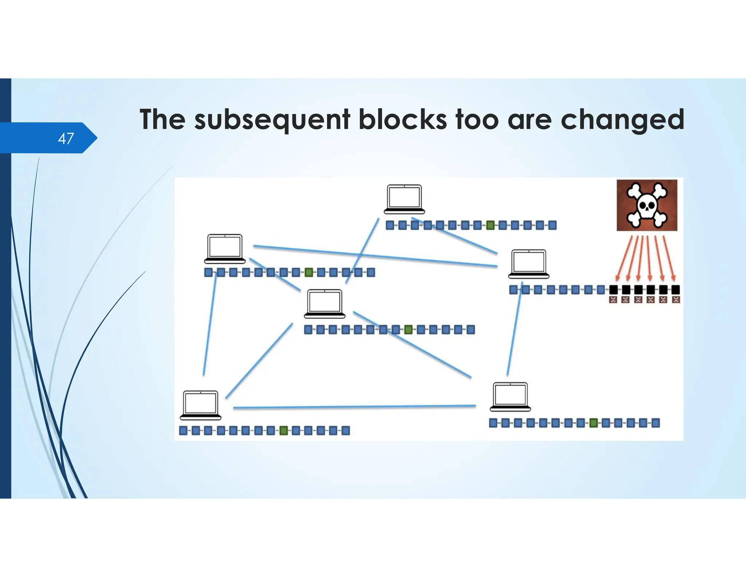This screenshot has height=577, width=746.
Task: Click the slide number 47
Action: click(x=66, y=139)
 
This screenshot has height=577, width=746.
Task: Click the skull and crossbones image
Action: click(x=647, y=205)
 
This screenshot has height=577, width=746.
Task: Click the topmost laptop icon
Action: click(x=404, y=199)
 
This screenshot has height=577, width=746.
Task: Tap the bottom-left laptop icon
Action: click(x=201, y=405)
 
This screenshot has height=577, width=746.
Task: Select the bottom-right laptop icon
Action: click(x=510, y=396)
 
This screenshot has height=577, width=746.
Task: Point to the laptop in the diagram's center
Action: click(x=325, y=303)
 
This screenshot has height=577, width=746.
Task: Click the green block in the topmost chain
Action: click(x=490, y=225)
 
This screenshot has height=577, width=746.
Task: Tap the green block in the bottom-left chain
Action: click(x=283, y=431)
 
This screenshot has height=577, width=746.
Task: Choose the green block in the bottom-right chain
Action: click(x=593, y=423)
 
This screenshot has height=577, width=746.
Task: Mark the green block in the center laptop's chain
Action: click(x=408, y=330)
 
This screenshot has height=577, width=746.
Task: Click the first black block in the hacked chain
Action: click(x=613, y=290)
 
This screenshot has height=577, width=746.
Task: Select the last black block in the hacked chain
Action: click(x=675, y=290)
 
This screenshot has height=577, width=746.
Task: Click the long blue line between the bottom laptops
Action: click(x=354, y=407)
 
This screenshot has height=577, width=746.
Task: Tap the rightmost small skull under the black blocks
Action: click(x=676, y=300)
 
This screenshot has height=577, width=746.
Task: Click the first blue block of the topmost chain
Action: click(x=390, y=225)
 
